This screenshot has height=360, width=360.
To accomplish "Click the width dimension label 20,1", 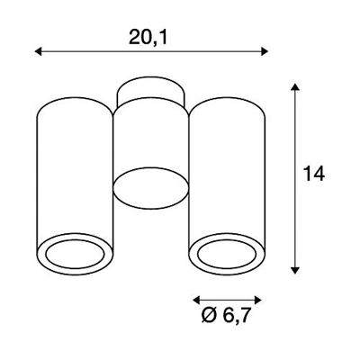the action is pos(148,38).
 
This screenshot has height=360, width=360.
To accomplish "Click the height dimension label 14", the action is pos(314,174).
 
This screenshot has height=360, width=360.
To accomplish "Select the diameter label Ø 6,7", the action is pos(226,315).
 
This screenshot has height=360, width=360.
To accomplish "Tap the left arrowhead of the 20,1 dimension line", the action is pos(38,51).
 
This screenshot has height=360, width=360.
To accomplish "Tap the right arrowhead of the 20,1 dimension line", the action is pos(265,51).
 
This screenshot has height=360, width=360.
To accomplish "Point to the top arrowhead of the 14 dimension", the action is pos(295,87).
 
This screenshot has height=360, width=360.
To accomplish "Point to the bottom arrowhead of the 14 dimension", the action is pos(295,270).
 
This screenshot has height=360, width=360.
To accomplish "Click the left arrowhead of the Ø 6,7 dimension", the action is pos(196,300).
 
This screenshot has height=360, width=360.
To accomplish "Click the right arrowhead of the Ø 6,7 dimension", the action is pos(258,300).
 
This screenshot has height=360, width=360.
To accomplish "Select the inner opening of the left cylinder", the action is pos(75,254).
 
